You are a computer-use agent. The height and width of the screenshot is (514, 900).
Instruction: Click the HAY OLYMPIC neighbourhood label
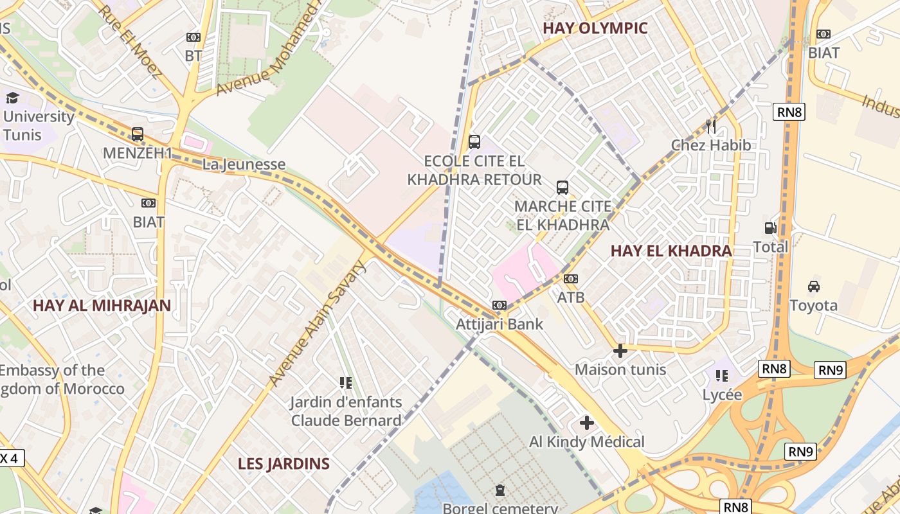click(595, 28)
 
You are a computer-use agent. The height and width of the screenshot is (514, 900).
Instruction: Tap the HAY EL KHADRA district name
click(671, 251)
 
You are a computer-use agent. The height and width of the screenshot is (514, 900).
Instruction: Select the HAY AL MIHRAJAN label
click(102, 305)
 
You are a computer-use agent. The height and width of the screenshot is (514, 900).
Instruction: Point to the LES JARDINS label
click(283, 463)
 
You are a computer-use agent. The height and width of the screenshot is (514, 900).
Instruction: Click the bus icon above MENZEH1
click(137, 134)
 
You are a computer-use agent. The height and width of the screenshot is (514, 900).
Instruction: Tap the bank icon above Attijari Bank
click(500, 305)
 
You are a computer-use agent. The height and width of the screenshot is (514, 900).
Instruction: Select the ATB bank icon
click(570, 279)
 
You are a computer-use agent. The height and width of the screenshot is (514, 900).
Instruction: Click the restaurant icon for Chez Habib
click(710, 126)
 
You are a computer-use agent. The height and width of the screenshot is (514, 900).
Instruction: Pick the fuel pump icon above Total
click(770, 228)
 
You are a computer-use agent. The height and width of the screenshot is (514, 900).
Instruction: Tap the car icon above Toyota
click(813, 286)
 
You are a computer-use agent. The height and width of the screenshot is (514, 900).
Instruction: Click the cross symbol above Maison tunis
click(620, 351)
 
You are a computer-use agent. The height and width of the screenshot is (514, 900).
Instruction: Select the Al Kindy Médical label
click(586, 442)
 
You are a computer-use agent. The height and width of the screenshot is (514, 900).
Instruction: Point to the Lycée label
click(722, 394)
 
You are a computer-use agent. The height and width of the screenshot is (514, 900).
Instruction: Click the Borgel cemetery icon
click(500, 491)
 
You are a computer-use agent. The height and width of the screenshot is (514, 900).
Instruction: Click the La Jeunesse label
click(244, 164)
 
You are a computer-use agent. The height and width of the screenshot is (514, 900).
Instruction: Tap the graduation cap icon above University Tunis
click(12, 98)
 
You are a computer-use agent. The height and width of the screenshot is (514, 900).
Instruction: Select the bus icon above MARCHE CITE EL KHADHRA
click(562, 188)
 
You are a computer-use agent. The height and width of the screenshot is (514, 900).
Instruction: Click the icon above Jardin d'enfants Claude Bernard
click(346, 383)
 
